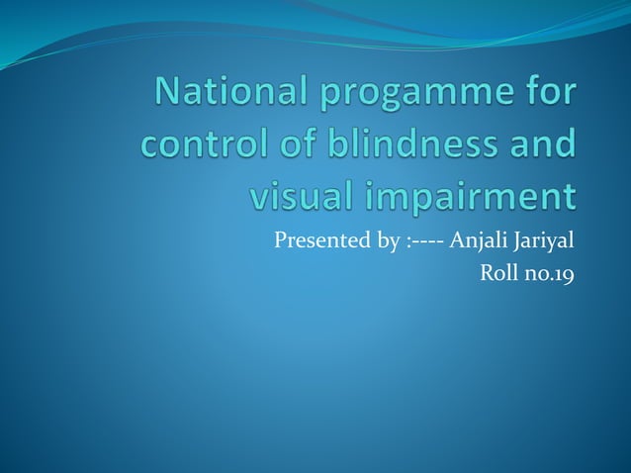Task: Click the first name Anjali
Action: (476, 240)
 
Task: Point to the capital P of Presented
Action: (280, 239)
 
